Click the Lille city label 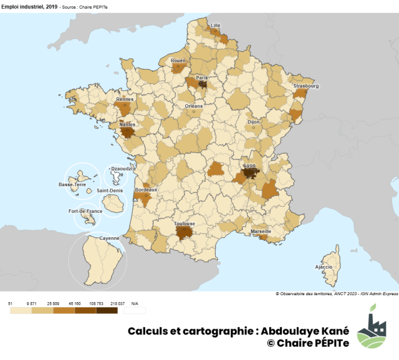216,26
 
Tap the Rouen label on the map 178,60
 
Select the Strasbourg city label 306,86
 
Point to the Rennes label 125,98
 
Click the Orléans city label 194,106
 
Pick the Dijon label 253,122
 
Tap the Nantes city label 127,124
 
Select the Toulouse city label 185,224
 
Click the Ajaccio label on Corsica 324,267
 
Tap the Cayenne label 109,238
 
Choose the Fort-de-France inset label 85,211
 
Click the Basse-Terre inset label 72,184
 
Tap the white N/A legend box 135,310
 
